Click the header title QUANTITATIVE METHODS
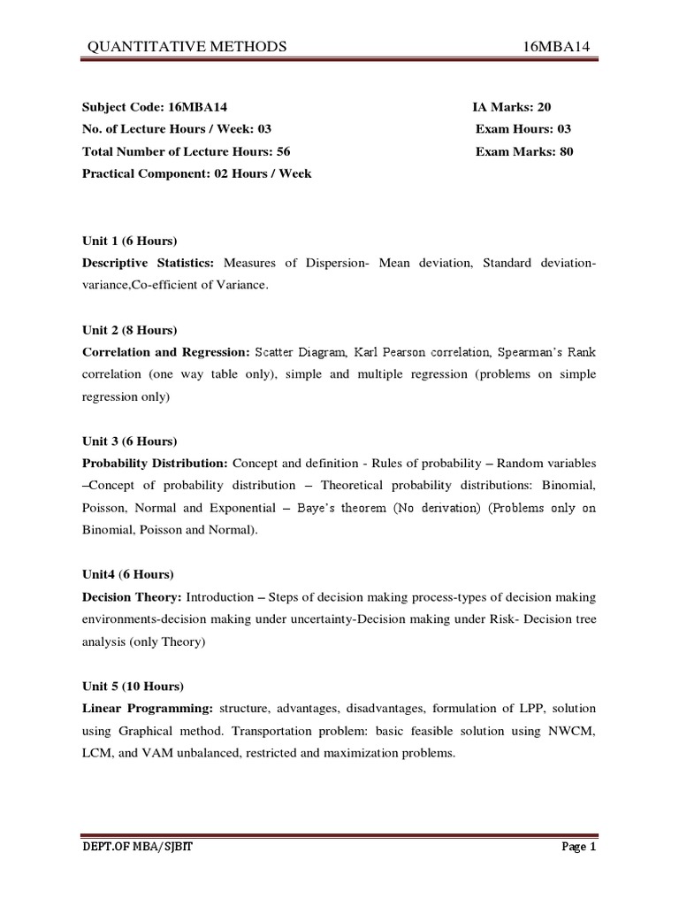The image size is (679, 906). [186, 47]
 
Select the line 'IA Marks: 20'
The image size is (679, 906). [512, 106]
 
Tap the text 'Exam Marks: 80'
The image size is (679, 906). [524, 151]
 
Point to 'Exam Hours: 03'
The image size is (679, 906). [523, 129]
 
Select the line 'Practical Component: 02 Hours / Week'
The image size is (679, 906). [196, 173]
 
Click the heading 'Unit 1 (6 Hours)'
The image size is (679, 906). [129, 242]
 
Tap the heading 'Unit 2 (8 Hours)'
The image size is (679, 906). [129, 330]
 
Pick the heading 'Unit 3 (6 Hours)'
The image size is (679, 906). [129, 441]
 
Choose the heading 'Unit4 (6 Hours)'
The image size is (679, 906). [127, 574]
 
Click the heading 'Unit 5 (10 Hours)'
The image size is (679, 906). [133, 686]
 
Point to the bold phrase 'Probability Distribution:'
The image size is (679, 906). [155, 463]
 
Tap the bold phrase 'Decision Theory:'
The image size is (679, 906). [132, 597]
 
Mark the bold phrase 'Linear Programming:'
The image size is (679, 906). [147, 709]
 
